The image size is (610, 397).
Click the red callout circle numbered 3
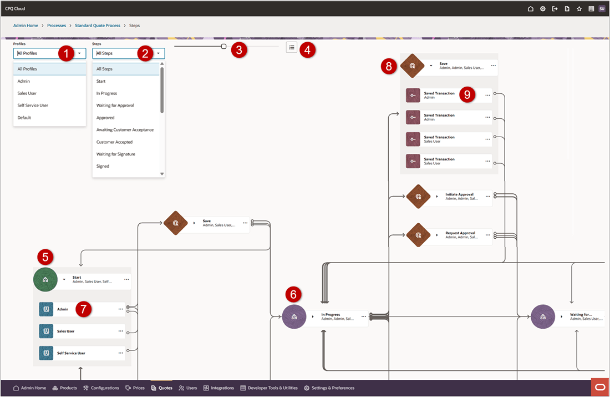[x=239, y=49]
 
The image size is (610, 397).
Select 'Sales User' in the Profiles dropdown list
[x=27, y=93]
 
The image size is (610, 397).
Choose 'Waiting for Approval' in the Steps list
[x=115, y=105]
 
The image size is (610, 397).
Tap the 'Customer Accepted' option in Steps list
[x=114, y=142]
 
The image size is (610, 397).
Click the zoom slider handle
[x=223, y=47]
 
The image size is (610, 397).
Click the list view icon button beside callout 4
[x=292, y=47]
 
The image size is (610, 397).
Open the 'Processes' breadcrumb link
[x=57, y=26]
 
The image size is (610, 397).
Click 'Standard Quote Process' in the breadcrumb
[x=98, y=26]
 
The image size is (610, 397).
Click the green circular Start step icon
[x=45, y=280]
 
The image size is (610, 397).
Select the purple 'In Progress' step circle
[x=294, y=316]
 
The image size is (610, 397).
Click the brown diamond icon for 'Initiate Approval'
[x=419, y=197]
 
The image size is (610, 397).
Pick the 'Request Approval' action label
[x=460, y=233]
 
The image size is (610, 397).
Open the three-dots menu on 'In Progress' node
[x=364, y=316]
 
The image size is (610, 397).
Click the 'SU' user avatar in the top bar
[x=602, y=9]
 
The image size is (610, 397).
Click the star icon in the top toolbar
[x=579, y=9]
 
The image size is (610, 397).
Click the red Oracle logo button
[x=599, y=387]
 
